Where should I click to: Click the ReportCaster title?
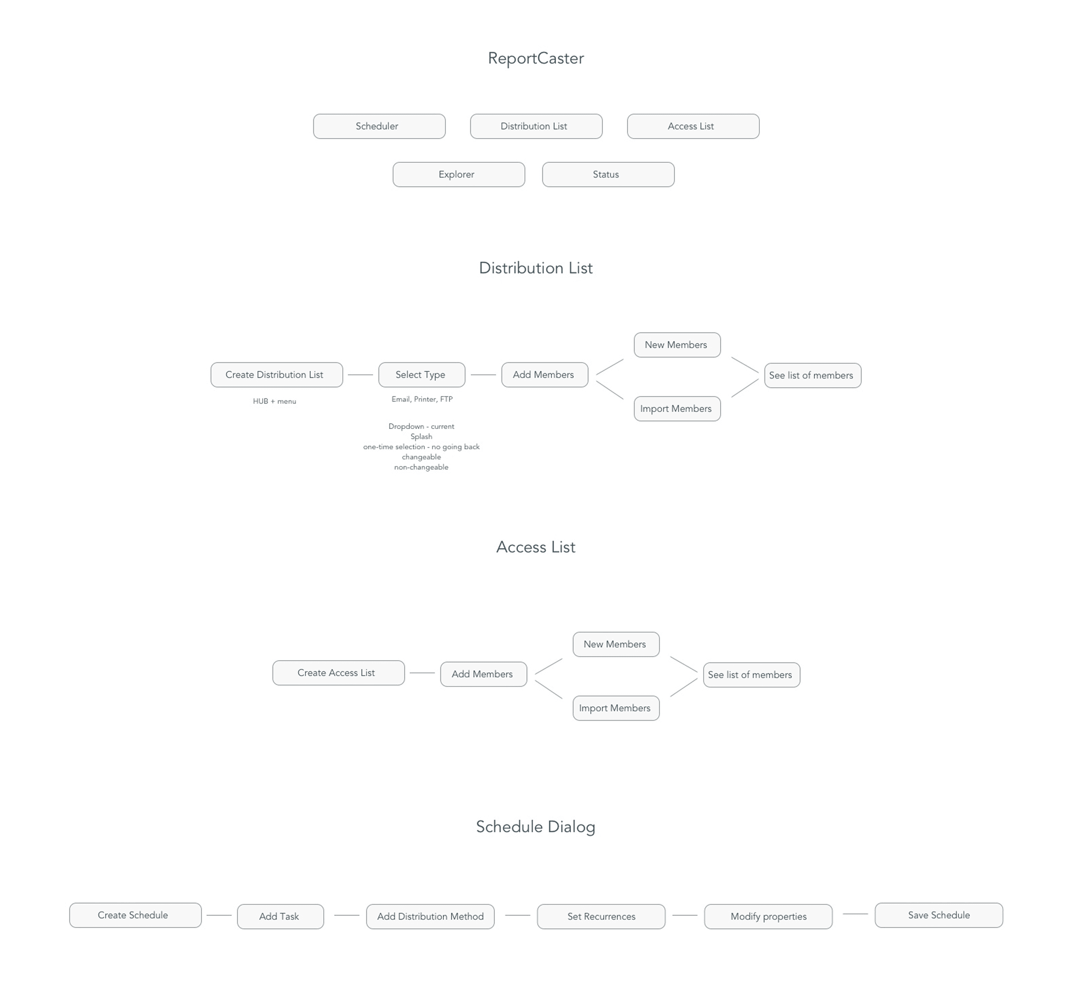[x=535, y=58]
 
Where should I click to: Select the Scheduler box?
[x=379, y=126]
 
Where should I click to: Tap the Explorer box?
[x=458, y=175]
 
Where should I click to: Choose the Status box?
[x=608, y=175]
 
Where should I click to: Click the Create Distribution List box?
[x=276, y=375]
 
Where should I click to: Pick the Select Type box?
[x=422, y=375]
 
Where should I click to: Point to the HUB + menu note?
[x=274, y=401]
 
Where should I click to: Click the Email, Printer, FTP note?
[x=422, y=399]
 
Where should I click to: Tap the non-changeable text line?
[x=421, y=467]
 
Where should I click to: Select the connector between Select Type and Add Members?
[x=483, y=375]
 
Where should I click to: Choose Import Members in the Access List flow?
[x=616, y=708]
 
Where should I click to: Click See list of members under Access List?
[x=751, y=675]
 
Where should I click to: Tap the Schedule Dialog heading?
[x=535, y=827]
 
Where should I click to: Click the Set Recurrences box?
[x=601, y=917]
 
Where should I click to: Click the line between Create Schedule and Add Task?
[x=218, y=915]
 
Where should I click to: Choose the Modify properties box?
[x=768, y=917]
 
